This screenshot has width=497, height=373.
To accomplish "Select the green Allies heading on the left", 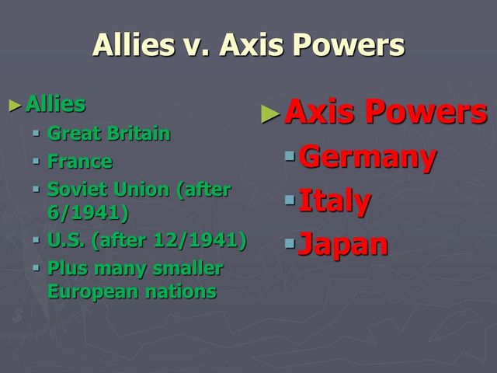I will [x=55, y=103].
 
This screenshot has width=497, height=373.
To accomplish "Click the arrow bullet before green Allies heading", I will [x=16, y=105].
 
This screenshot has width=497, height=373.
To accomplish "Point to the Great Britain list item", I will [x=109, y=133].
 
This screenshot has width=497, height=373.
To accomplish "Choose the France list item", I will [x=79, y=162].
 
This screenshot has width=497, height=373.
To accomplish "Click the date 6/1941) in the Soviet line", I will [x=88, y=211].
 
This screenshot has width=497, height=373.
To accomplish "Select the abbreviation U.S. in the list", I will [x=66, y=240].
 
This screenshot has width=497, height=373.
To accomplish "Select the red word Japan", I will [x=342, y=244].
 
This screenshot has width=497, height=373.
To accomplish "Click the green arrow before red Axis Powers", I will [x=269, y=114].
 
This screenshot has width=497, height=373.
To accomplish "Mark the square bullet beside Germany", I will [x=290, y=157].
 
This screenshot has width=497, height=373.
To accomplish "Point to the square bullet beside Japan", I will [x=290, y=245].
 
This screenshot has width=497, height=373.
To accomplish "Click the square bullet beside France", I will [x=36, y=162].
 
